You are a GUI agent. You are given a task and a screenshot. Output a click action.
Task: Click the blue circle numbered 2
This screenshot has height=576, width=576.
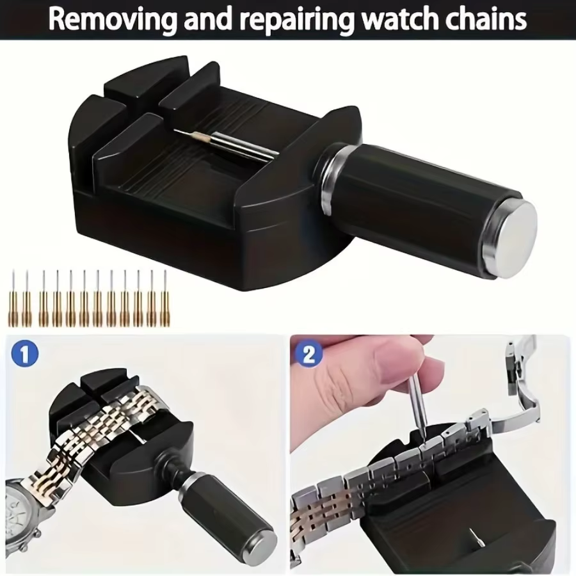pyautogui.click(x=309, y=355)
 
